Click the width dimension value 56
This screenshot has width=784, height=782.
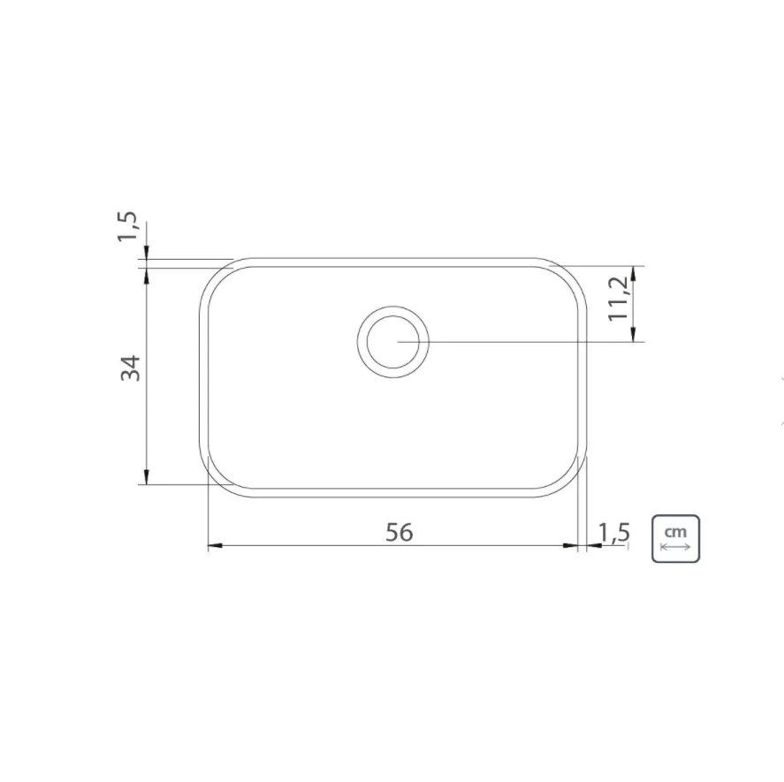tap(399, 532)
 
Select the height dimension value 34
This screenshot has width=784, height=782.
tap(131, 368)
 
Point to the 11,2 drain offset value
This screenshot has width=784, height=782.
tap(618, 299)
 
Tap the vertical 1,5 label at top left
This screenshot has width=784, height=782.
tap(127, 226)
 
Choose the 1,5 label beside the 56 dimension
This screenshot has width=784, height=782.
tap(614, 533)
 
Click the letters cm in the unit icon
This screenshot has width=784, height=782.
tap(675, 532)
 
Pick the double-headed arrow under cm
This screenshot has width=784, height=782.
tap(675, 546)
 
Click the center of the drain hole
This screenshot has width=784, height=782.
tap(393, 341)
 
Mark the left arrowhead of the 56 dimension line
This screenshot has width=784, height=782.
tap(215, 545)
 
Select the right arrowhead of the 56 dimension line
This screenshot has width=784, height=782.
tap(570, 545)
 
